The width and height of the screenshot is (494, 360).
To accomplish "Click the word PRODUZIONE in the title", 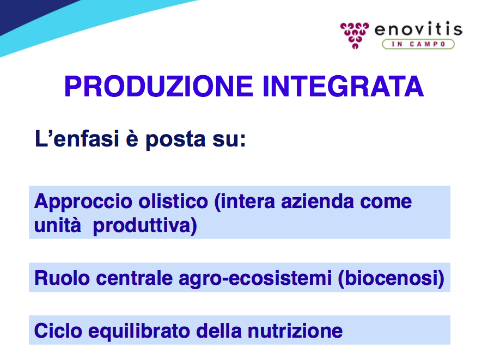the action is click(x=158, y=86).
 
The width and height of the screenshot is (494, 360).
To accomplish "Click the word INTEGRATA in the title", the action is click(x=343, y=86).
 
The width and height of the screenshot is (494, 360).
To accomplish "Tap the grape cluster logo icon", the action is click(x=355, y=35).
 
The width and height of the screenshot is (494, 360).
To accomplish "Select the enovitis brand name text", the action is click(x=418, y=29).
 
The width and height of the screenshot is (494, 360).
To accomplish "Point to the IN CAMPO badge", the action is click(x=418, y=44).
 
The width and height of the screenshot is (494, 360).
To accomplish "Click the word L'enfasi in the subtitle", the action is click(x=77, y=138).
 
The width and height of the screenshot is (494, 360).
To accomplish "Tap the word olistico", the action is click(x=173, y=202).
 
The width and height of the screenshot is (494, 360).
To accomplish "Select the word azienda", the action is click(x=318, y=202).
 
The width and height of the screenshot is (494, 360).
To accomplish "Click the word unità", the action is click(x=57, y=225).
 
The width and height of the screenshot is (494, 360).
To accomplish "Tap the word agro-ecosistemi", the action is click(x=255, y=279).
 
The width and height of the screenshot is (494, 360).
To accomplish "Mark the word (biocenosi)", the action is click(x=391, y=279).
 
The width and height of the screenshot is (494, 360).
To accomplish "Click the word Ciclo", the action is click(x=58, y=331).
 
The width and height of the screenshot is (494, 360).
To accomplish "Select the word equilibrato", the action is click(x=139, y=332).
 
